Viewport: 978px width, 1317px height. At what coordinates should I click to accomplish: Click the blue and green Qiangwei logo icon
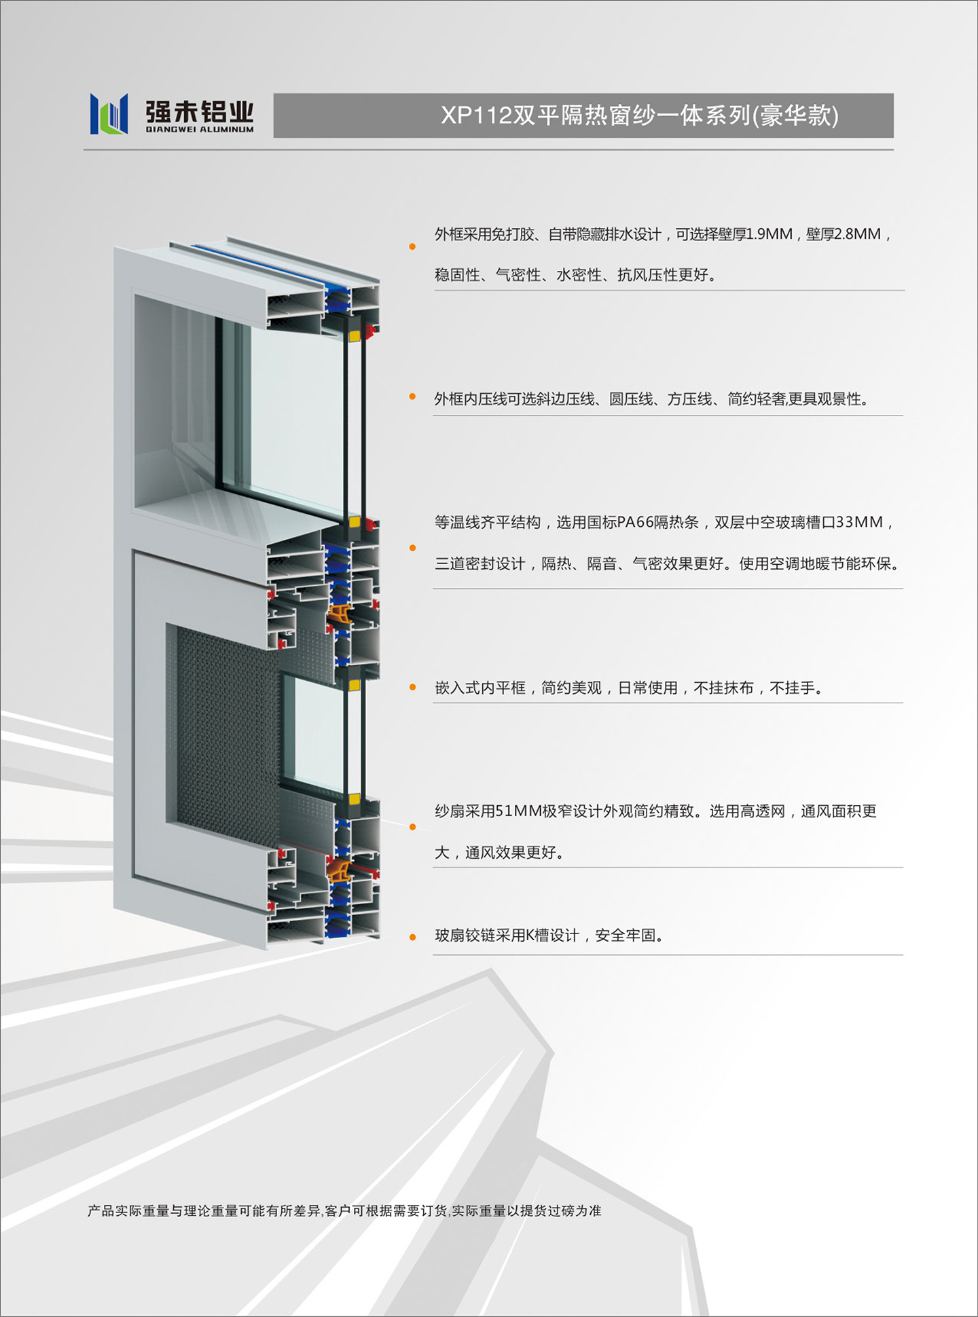pos(109,113)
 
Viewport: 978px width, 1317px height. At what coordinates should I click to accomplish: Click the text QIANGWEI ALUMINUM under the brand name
pos(200,129)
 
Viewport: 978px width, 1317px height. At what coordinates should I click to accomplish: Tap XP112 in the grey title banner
pos(476,115)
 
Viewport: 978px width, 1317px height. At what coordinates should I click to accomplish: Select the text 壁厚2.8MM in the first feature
pos(843,234)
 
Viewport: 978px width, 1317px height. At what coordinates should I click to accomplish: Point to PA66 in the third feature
pos(635,522)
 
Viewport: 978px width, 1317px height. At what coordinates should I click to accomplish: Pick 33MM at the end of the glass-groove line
pos(858,522)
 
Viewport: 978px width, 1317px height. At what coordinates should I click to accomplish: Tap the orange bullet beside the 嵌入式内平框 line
pos(412,688)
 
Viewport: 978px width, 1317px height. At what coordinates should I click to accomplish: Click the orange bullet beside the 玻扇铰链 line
pos(412,938)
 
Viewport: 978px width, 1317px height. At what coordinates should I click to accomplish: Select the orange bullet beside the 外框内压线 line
pos(412,396)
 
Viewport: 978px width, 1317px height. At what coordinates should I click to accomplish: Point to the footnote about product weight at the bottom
pos(344,1210)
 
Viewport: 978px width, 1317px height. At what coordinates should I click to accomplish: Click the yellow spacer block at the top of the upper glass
pos(354,335)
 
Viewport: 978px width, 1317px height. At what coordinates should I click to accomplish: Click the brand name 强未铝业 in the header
pos(200,111)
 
